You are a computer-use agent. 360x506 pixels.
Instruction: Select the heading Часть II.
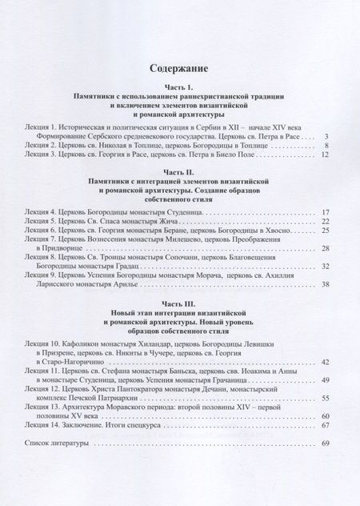click(180, 171)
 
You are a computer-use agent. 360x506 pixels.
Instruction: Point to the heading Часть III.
click(180, 296)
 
